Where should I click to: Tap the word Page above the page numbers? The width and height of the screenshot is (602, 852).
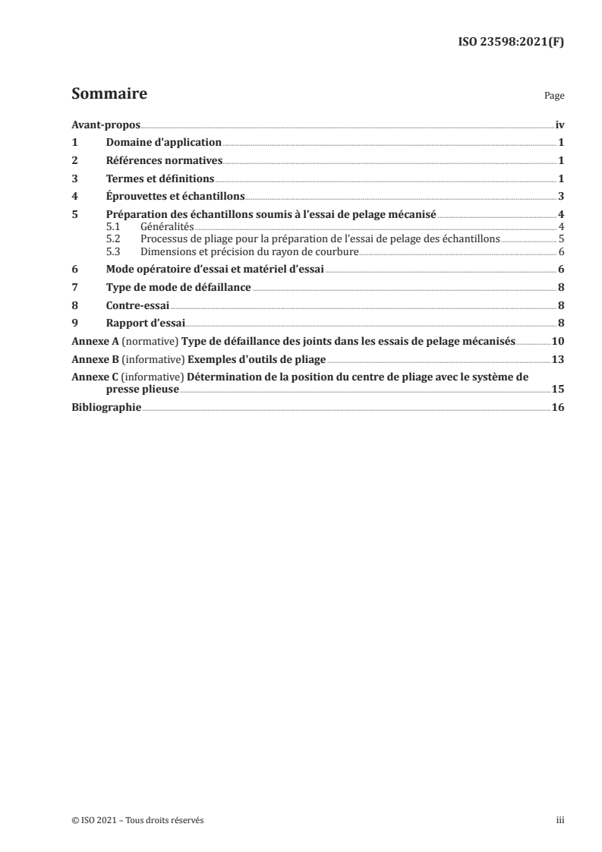pyautogui.click(x=554, y=97)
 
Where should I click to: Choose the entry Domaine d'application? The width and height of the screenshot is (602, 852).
pyautogui.click(x=164, y=143)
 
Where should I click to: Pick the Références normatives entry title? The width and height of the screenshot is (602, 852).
pyautogui.click(x=164, y=161)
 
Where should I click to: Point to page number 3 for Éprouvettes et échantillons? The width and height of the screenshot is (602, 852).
pyautogui.click(x=560, y=197)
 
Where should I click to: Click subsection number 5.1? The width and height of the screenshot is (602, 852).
pyautogui.click(x=114, y=227)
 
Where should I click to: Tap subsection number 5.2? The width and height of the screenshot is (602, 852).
pyautogui.click(x=114, y=238)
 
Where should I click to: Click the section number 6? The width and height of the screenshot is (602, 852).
pyautogui.click(x=74, y=270)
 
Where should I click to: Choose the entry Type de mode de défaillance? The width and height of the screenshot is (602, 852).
pyautogui.click(x=179, y=289)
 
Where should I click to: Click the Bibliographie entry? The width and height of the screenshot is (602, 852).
pyautogui.click(x=106, y=408)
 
